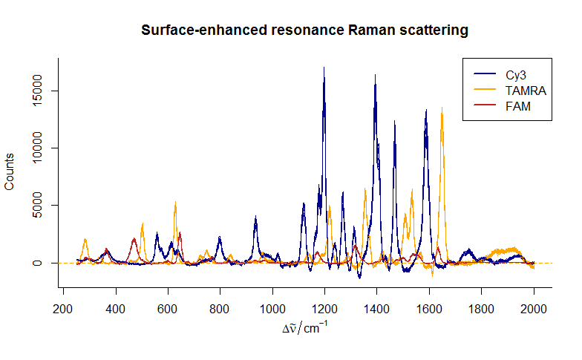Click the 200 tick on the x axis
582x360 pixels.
tap(63, 310)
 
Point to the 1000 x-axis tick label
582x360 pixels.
tap(272, 310)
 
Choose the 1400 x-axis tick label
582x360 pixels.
tap(377, 310)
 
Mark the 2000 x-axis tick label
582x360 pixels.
tap(534, 310)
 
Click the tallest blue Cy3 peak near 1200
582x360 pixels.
tap(324, 68)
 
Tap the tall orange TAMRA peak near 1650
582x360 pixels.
tap(442, 109)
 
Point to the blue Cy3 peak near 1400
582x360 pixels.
tap(376, 76)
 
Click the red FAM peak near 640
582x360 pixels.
tap(180, 234)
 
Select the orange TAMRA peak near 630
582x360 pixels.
tap(175, 203)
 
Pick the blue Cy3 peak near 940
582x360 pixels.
tap(255, 217)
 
